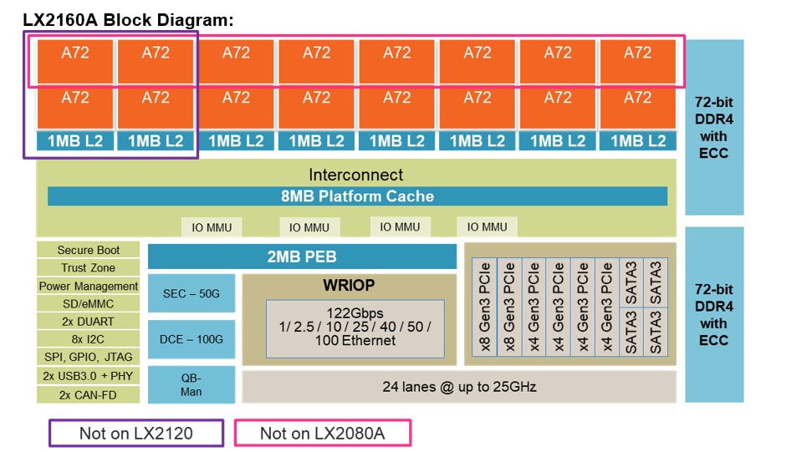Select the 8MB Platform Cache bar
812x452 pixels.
pos(357,196)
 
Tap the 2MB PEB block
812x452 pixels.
pos(302,256)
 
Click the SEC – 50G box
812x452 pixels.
pos(191,293)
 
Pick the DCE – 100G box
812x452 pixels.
pos(191,339)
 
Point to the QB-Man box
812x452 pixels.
pos(191,384)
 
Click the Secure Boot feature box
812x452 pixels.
pos(88,250)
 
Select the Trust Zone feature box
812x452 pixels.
pos(88,268)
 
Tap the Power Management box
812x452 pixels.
pos(88,286)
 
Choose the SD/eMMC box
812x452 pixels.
pos(88,304)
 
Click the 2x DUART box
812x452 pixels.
pos(88,322)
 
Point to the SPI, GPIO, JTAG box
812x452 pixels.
pos(88,358)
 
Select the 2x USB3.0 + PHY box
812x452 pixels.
pos(88,376)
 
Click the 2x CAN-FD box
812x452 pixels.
pos(88,394)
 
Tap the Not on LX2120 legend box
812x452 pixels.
pos(136,433)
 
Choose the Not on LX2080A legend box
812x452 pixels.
pos(323,433)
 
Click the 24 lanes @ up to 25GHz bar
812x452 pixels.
pos(458,387)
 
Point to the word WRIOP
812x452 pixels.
pos(349,285)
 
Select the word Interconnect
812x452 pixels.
pos(355,175)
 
